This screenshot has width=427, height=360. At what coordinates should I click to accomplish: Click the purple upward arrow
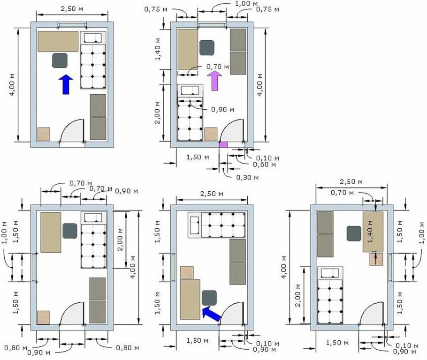(x=214, y=81)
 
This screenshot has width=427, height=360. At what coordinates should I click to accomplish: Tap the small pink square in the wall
(x=223, y=144)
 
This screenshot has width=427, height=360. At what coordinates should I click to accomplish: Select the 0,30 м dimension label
(x=247, y=177)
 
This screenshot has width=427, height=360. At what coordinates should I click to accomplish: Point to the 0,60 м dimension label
(x=265, y=165)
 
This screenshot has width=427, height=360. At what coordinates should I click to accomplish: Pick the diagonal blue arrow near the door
(x=212, y=313)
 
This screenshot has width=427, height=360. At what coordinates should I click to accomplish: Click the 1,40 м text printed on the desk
(x=370, y=231)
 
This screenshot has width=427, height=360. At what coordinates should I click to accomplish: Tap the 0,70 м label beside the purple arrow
(x=218, y=67)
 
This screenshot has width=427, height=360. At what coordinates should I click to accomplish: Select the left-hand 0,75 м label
(x=156, y=9)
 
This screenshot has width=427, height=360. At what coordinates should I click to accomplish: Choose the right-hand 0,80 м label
(x=128, y=348)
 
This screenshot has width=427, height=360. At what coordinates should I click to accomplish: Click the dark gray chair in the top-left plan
(x=60, y=60)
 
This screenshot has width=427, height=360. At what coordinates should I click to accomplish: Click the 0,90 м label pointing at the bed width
(x=222, y=109)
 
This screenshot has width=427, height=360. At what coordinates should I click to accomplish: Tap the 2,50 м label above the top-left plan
(x=72, y=9)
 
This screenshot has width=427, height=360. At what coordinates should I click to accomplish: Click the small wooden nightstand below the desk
(x=376, y=259)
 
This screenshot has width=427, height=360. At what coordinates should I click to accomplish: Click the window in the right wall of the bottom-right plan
(x=390, y=268)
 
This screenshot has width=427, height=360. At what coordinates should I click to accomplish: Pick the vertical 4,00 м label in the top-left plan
(x=13, y=84)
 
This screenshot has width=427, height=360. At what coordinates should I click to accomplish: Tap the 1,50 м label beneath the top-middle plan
(x=198, y=157)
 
